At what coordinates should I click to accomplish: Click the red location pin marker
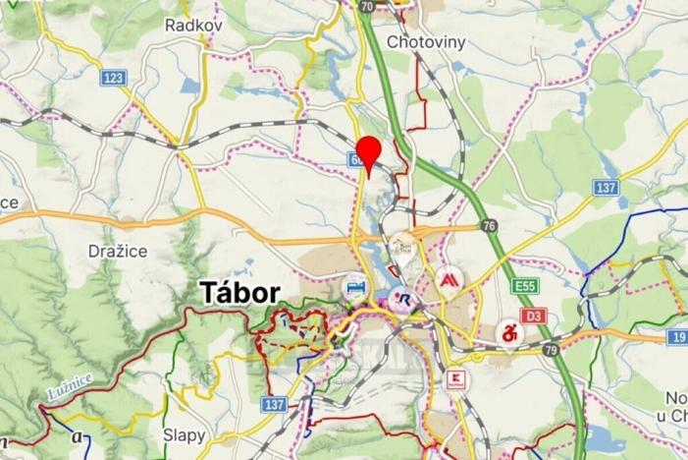tap(368, 152)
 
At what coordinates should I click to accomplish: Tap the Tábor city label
tap(239, 292)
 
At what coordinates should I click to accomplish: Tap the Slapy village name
tap(184, 433)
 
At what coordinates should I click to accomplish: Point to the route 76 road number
tap(489, 226)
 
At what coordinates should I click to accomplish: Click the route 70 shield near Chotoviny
tap(366, 6)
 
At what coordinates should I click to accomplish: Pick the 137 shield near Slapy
tap(274, 404)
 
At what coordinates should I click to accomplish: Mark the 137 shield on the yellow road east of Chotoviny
tap(605, 187)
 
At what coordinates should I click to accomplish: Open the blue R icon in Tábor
tap(404, 300)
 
